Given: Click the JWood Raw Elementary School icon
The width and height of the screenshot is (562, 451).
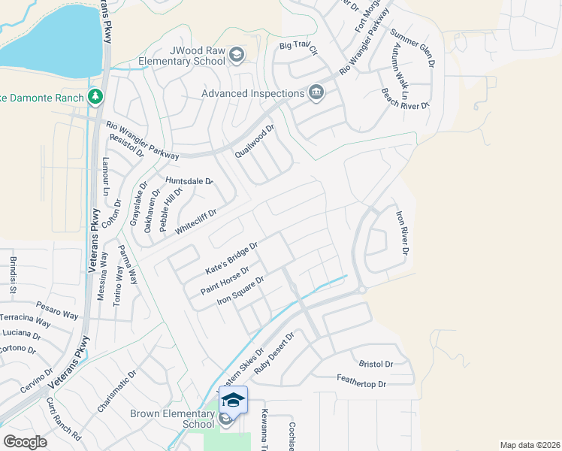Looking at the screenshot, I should (237, 54).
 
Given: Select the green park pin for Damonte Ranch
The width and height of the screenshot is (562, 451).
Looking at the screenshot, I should (95, 96).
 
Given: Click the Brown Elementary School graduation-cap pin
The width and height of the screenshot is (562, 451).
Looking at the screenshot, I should (233, 401).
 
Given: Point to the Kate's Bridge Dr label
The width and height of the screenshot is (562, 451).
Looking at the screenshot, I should (232, 258).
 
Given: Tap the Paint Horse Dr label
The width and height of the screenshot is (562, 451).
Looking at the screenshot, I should (225, 280).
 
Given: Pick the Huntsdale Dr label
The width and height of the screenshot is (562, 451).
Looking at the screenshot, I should (190, 181).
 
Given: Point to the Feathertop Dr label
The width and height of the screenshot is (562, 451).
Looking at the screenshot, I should (361, 384).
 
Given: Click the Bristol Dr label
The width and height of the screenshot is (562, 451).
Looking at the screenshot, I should (376, 364).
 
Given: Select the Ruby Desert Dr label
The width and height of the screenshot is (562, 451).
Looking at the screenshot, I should (276, 356).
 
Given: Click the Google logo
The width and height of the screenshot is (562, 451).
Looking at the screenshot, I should (25, 442).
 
